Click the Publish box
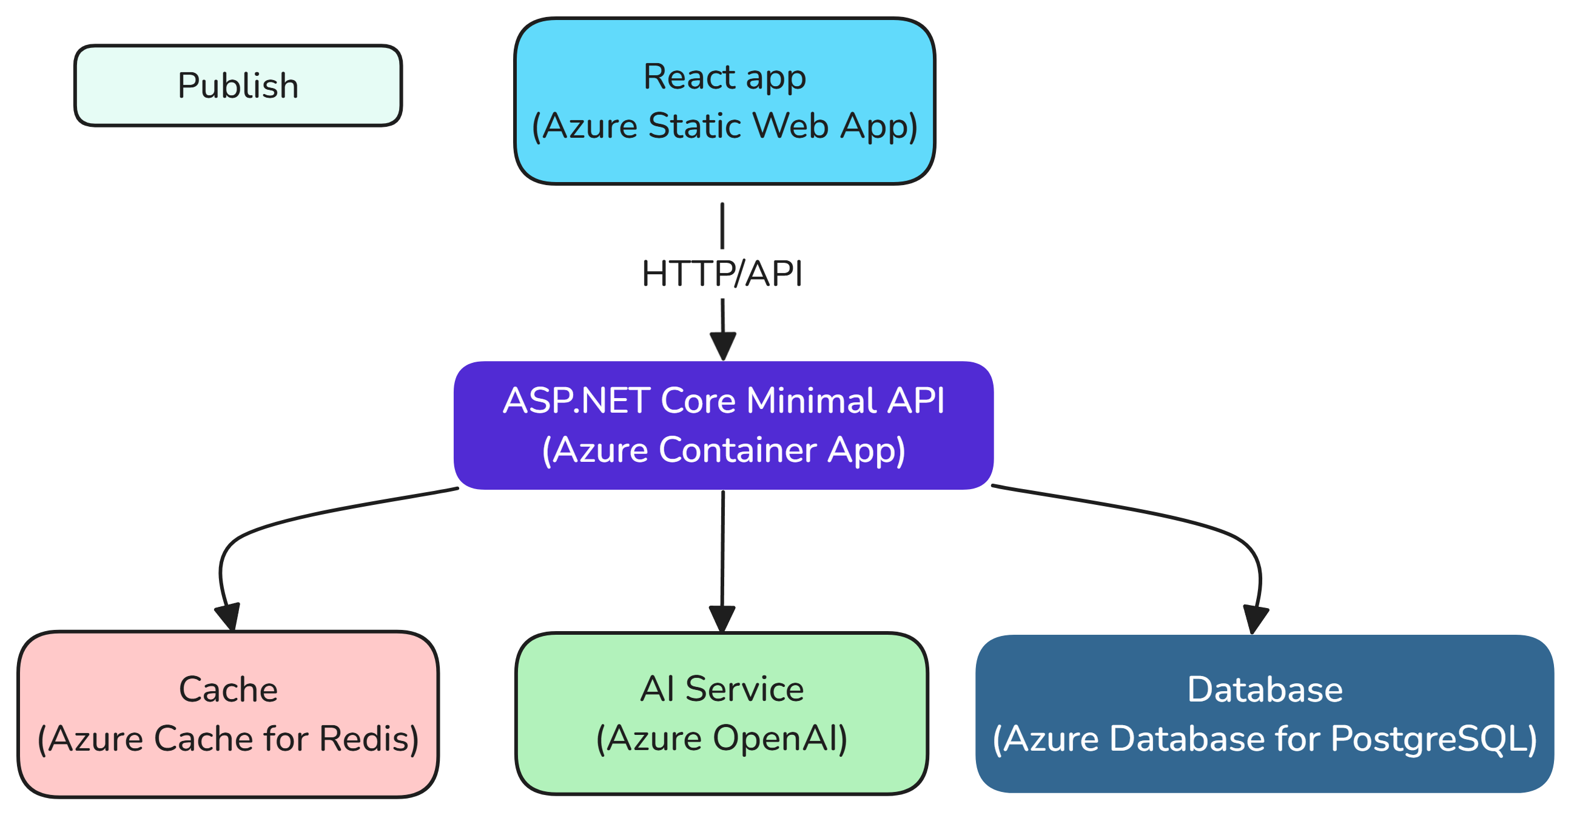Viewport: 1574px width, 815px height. [x=238, y=86]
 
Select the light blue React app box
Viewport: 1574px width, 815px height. [x=725, y=101]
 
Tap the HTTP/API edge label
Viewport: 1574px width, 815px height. [x=722, y=273]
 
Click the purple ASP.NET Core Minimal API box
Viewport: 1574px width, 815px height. [x=724, y=425]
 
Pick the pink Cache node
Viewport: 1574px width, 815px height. [x=228, y=714]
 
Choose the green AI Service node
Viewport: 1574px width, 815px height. [x=722, y=714]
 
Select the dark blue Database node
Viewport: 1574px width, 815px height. [x=1264, y=714]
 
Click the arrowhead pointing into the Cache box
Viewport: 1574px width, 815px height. [x=229, y=617]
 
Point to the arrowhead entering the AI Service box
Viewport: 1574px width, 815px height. [x=722, y=618]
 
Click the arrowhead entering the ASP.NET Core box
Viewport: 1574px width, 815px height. [x=723, y=346]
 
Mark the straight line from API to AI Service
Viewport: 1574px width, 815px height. [x=722, y=550]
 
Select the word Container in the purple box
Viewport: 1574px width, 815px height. [x=738, y=450]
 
